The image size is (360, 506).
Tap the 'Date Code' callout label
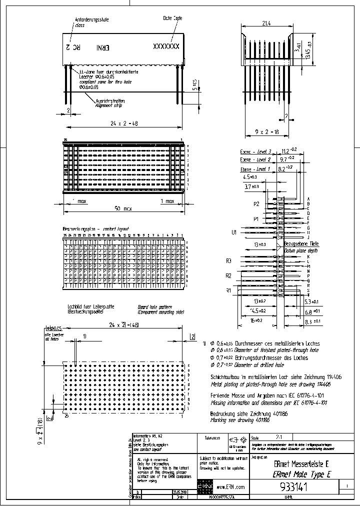tap(172, 17)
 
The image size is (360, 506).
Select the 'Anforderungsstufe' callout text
tap(92, 19)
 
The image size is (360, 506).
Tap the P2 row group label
tap(256, 204)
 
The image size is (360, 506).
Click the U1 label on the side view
tap(233, 232)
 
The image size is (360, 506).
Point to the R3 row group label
tap(229, 260)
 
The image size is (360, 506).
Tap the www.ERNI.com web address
tap(231, 486)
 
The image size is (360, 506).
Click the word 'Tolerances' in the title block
tap(212, 437)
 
